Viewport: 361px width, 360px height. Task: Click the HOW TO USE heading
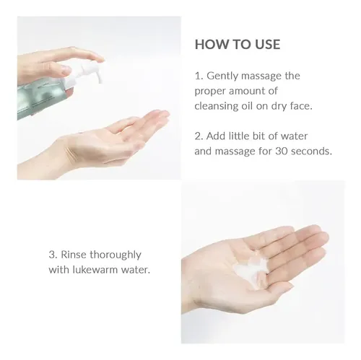238,45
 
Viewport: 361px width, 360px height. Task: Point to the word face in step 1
301,106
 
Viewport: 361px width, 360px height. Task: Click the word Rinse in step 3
74,255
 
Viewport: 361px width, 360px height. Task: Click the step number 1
199,76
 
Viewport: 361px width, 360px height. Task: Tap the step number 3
53,255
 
